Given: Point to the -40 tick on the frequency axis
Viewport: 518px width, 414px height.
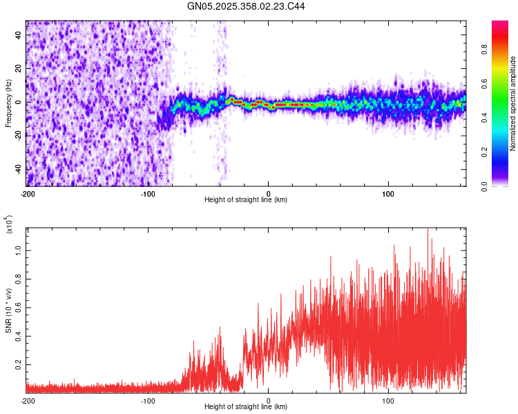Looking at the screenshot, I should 18,169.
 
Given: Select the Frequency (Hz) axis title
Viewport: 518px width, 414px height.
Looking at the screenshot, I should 8,103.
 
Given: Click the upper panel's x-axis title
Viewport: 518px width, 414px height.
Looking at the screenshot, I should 247,200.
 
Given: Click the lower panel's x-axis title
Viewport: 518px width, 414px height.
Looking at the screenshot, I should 247,407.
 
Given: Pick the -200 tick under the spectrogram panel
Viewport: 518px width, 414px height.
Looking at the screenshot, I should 28,193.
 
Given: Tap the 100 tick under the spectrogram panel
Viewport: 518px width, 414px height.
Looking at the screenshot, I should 388,193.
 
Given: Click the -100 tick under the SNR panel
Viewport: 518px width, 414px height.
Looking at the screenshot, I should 148,400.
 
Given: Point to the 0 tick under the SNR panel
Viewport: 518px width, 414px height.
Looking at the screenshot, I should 268,400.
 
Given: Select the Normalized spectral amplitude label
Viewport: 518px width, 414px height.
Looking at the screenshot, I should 512,103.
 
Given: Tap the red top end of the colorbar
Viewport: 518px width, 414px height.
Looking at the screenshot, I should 500,23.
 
